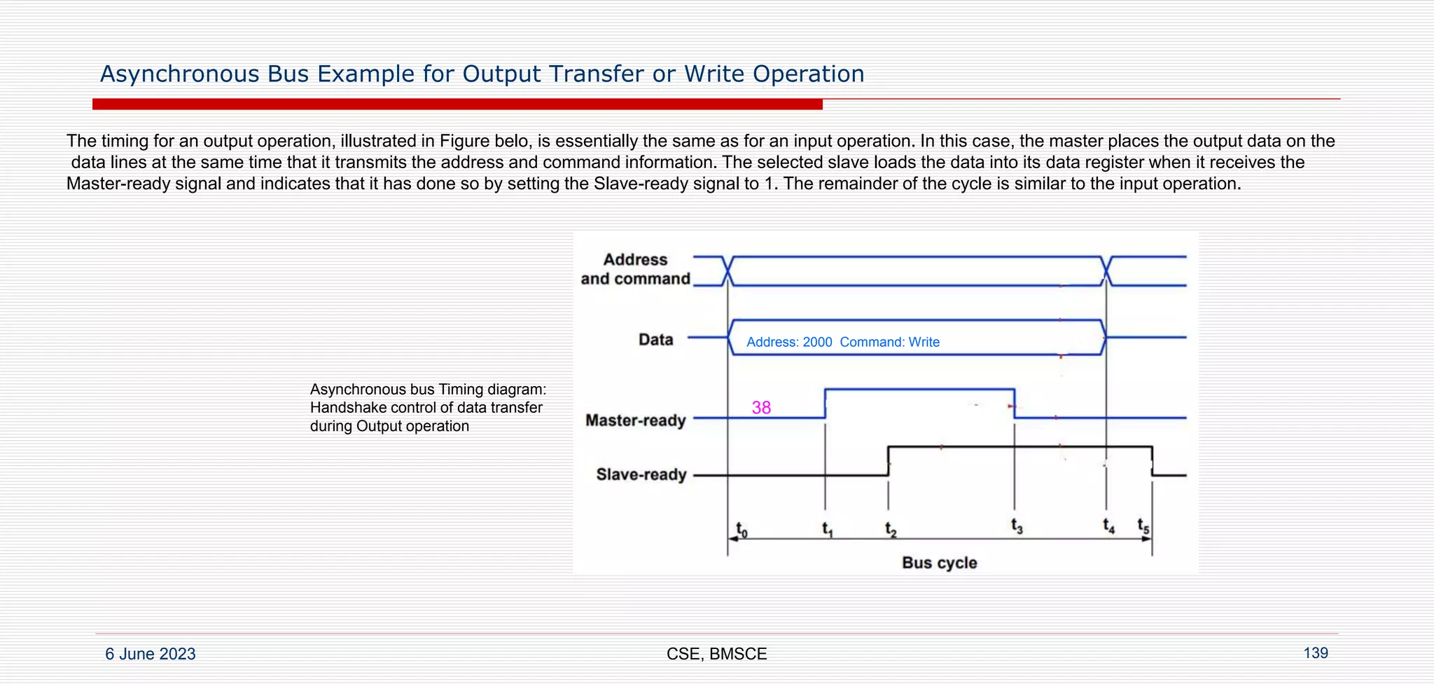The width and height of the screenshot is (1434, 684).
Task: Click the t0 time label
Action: click(x=742, y=530)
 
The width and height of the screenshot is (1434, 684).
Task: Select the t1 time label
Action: click(x=828, y=529)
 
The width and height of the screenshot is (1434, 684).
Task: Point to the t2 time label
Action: click(x=891, y=530)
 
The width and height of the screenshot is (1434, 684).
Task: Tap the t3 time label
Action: click(x=1017, y=526)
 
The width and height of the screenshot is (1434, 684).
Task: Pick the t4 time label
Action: click(x=1108, y=526)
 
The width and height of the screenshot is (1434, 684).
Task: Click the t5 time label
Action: click(x=1143, y=526)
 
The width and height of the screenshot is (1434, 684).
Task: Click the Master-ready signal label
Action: click(x=635, y=420)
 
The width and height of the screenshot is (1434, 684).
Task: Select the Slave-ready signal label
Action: click(x=641, y=474)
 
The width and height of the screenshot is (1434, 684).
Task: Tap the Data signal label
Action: click(x=655, y=340)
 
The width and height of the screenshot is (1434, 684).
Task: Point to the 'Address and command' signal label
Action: click(x=635, y=269)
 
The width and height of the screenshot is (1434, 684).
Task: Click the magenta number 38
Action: click(x=761, y=408)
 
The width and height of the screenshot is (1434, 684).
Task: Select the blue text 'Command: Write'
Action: click(x=889, y=342)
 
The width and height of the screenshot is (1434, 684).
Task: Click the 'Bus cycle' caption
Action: click(x=939, y=563)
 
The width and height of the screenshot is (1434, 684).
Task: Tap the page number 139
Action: click(x=1315, y=653)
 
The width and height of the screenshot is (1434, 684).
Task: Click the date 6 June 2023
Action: click(x=151, y=654)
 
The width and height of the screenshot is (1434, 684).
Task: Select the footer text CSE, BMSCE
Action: click(x=716, y=654)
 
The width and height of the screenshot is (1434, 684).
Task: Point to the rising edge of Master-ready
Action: click(x=826, y=404)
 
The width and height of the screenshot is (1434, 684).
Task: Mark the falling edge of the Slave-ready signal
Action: click(x=1153, y=461)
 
